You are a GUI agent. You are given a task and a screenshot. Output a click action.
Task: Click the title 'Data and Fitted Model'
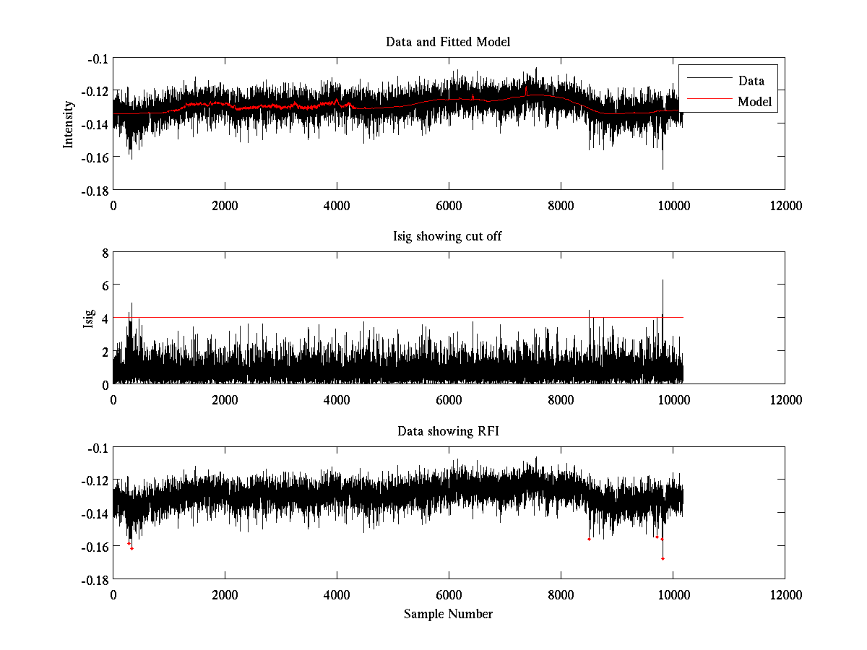(448, 42)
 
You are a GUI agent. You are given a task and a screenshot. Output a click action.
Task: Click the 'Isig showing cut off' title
(448, 237)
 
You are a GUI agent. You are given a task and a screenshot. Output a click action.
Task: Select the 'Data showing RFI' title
(448, 432)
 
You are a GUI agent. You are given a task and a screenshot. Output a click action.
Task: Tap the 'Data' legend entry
(751, 81)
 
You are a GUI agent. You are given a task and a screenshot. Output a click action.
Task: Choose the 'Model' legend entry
(754, 102)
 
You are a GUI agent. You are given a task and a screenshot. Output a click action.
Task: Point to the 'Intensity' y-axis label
(69, 123)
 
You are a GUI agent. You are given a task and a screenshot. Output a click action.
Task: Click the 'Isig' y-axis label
(88, 318)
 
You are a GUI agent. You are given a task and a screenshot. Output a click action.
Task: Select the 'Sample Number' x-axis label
(448, 614)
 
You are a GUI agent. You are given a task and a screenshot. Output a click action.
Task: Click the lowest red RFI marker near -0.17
(663, 558)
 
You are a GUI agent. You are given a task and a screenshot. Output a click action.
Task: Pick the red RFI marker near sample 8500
(589, 539)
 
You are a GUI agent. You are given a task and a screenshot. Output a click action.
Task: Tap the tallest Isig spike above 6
(662, 282)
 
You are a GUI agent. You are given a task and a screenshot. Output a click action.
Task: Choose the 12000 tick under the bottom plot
(785, 595)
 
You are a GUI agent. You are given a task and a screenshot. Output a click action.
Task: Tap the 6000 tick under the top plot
(449, 205)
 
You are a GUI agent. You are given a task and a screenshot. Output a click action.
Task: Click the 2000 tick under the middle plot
(225, 400)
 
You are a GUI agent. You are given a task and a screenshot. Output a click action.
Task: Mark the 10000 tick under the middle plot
(673, 400)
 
